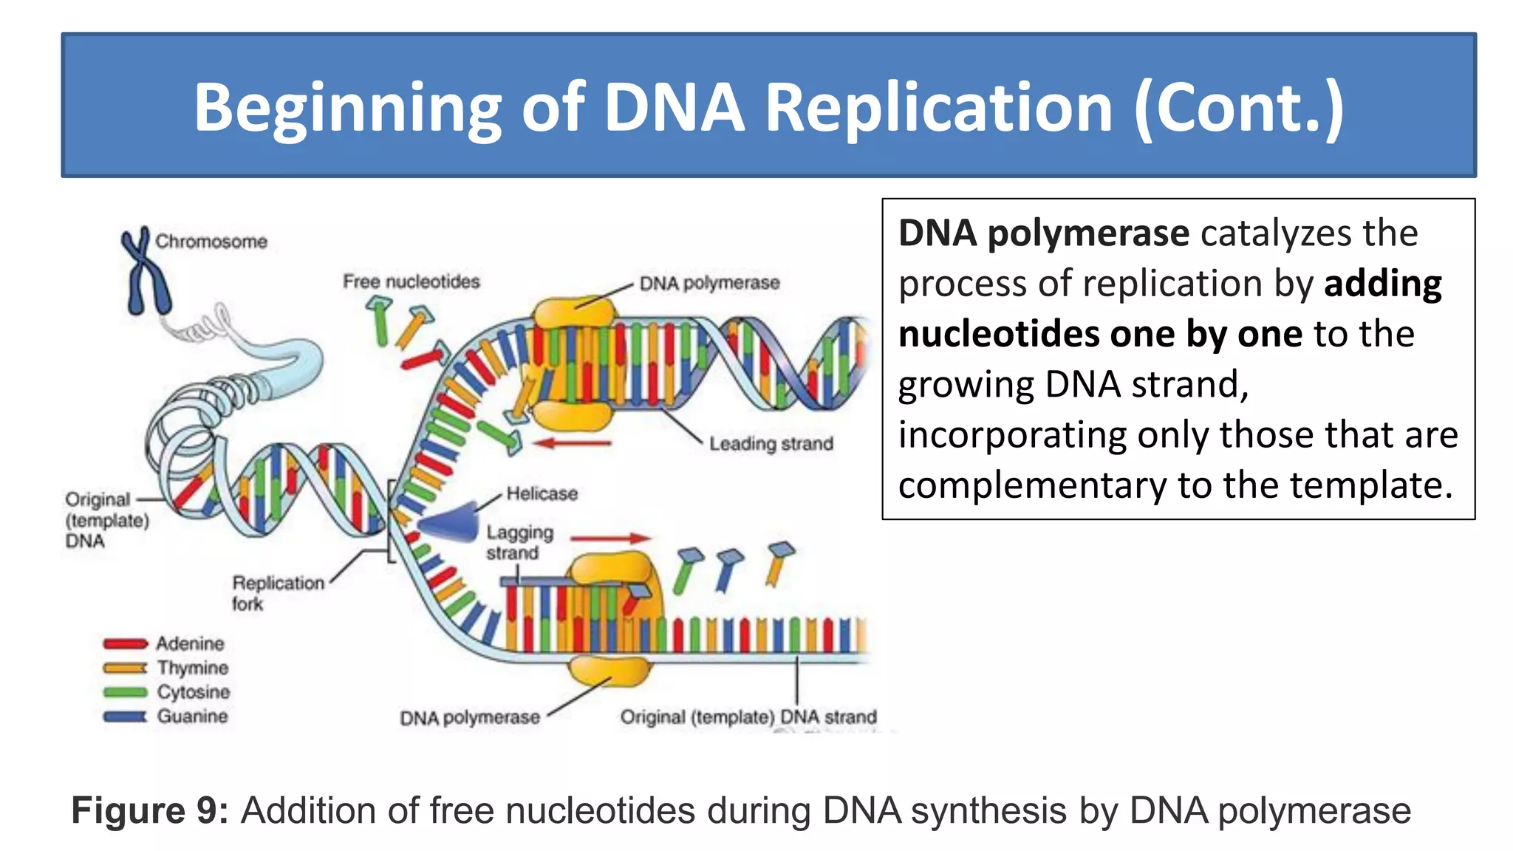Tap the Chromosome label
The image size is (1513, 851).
point(211,242)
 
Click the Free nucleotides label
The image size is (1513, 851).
point(411,281)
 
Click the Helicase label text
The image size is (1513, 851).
point(542,493)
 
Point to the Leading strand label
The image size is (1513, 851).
point(771,444)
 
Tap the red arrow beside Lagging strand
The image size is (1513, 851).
point(610,539)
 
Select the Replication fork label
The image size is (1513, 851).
point(278,592)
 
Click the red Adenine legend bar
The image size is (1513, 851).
point(125,643)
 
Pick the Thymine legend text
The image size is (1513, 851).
point(193,668)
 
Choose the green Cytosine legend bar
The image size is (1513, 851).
point(125,692)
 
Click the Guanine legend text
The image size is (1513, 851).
point(192,716)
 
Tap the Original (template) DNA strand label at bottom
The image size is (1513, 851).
point(748,717)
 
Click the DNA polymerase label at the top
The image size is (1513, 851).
point(709,283)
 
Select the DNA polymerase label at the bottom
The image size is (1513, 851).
point(470,718)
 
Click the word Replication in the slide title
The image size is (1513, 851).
point(938,108)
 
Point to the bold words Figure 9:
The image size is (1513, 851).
point(150,810)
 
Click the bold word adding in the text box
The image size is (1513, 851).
point(1382,284)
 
